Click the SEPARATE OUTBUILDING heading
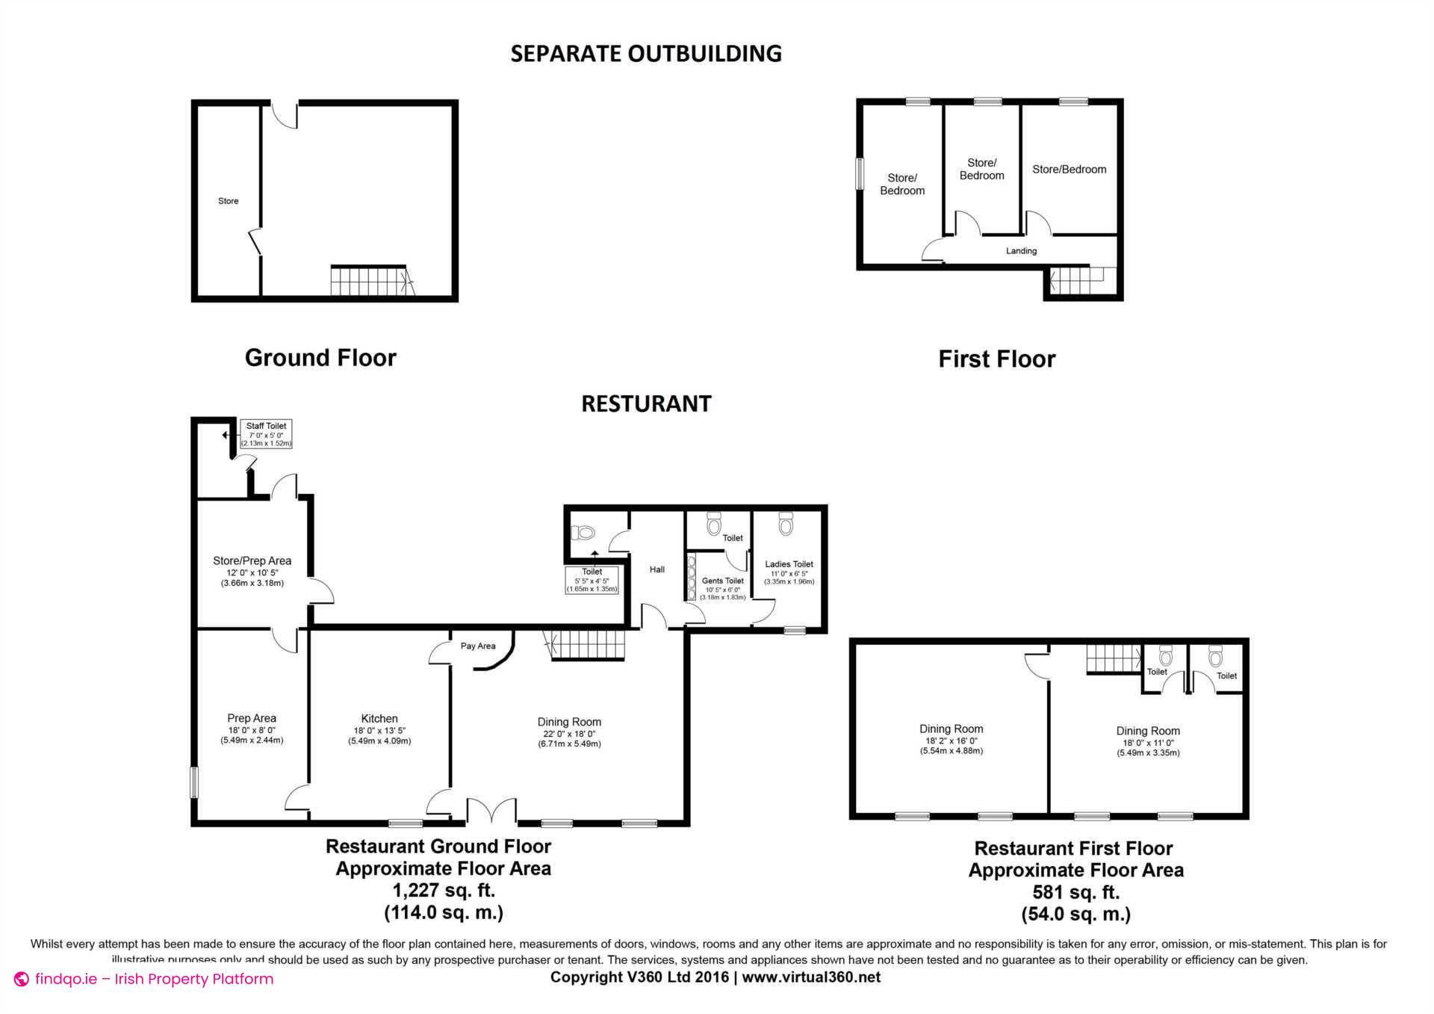(x=645, y=54)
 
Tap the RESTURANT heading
(x=646, y=404)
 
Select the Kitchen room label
(x=379, y=718)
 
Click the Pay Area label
(x=478, y=646)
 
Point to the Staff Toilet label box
(x=266, y=434)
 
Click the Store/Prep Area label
(x=252, y=560)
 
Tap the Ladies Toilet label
(x=789, y=564)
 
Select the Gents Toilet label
(x=722, y=581)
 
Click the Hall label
(x=657, y=569)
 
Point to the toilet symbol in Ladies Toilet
(x=786, y=524)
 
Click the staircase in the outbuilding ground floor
(x=370, y=281)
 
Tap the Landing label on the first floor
(x=1021, y=251)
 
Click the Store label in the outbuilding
(x=229, y=201)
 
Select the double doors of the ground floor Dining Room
(x=491, y=811)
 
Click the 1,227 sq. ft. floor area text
(x=444, y=890)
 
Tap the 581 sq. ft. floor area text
(x=1075, y=892)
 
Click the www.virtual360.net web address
(x=811, y=977)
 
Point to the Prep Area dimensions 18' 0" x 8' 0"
(x=252, y=730)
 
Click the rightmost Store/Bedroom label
(x=1069, y=170)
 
